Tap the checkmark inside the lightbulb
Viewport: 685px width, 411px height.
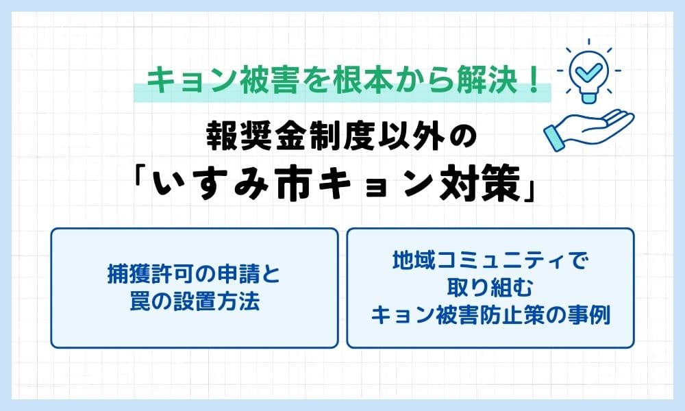589,69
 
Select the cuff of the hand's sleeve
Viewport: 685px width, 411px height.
554,138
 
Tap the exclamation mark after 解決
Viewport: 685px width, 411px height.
534,82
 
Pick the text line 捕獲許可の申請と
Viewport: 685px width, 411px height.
194,275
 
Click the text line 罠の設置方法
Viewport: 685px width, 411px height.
195,301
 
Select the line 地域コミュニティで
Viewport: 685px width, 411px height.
490,261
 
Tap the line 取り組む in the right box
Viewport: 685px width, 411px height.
490,288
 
